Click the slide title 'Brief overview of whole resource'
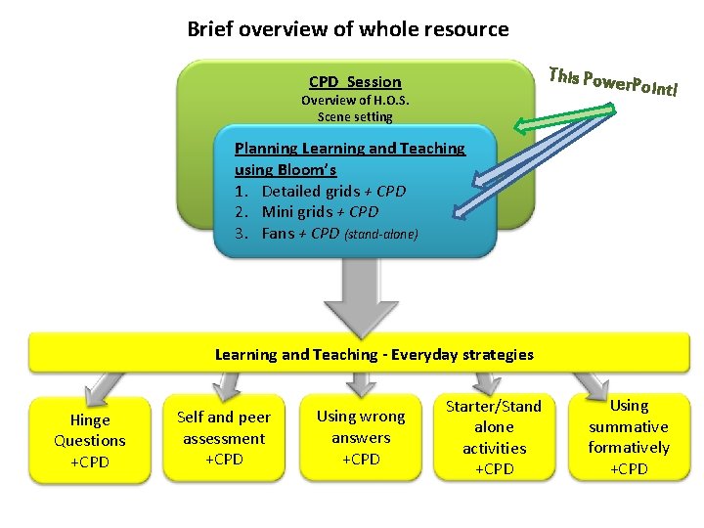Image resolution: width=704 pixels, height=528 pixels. [348, 29]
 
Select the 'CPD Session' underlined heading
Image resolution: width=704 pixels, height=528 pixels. [355, 82]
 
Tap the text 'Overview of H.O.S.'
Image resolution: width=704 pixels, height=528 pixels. [355, 101]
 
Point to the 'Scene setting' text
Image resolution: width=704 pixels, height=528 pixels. [355, 117]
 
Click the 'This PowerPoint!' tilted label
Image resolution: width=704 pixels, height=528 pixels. [613, 82]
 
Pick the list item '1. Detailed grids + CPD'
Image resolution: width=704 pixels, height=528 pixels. [320, 191]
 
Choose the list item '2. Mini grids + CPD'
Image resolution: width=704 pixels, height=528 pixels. [306, 211]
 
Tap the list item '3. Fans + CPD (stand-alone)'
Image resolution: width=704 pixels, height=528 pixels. [326, 234]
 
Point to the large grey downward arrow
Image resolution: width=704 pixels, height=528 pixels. [355, 297]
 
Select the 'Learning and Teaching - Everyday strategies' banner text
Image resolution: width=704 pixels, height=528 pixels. [374, 354]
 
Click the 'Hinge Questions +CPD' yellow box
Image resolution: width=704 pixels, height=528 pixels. [90, 441]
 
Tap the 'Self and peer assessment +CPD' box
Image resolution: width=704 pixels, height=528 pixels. [224, 438]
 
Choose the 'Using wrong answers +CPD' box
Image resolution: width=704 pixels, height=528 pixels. [360, 438]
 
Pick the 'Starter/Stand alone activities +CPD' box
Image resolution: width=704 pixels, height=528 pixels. [494, 437]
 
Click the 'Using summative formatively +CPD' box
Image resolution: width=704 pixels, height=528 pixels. [629, 437]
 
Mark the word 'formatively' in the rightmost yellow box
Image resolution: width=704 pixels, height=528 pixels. [629, 448]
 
